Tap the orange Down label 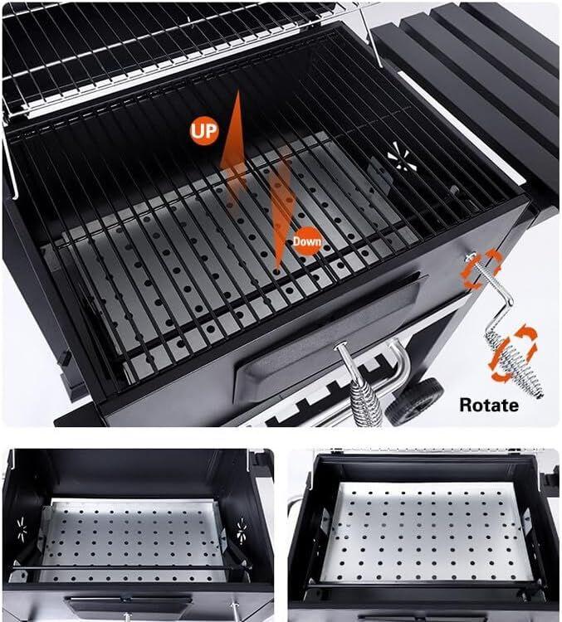(305, 242)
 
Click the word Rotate (489, 405)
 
